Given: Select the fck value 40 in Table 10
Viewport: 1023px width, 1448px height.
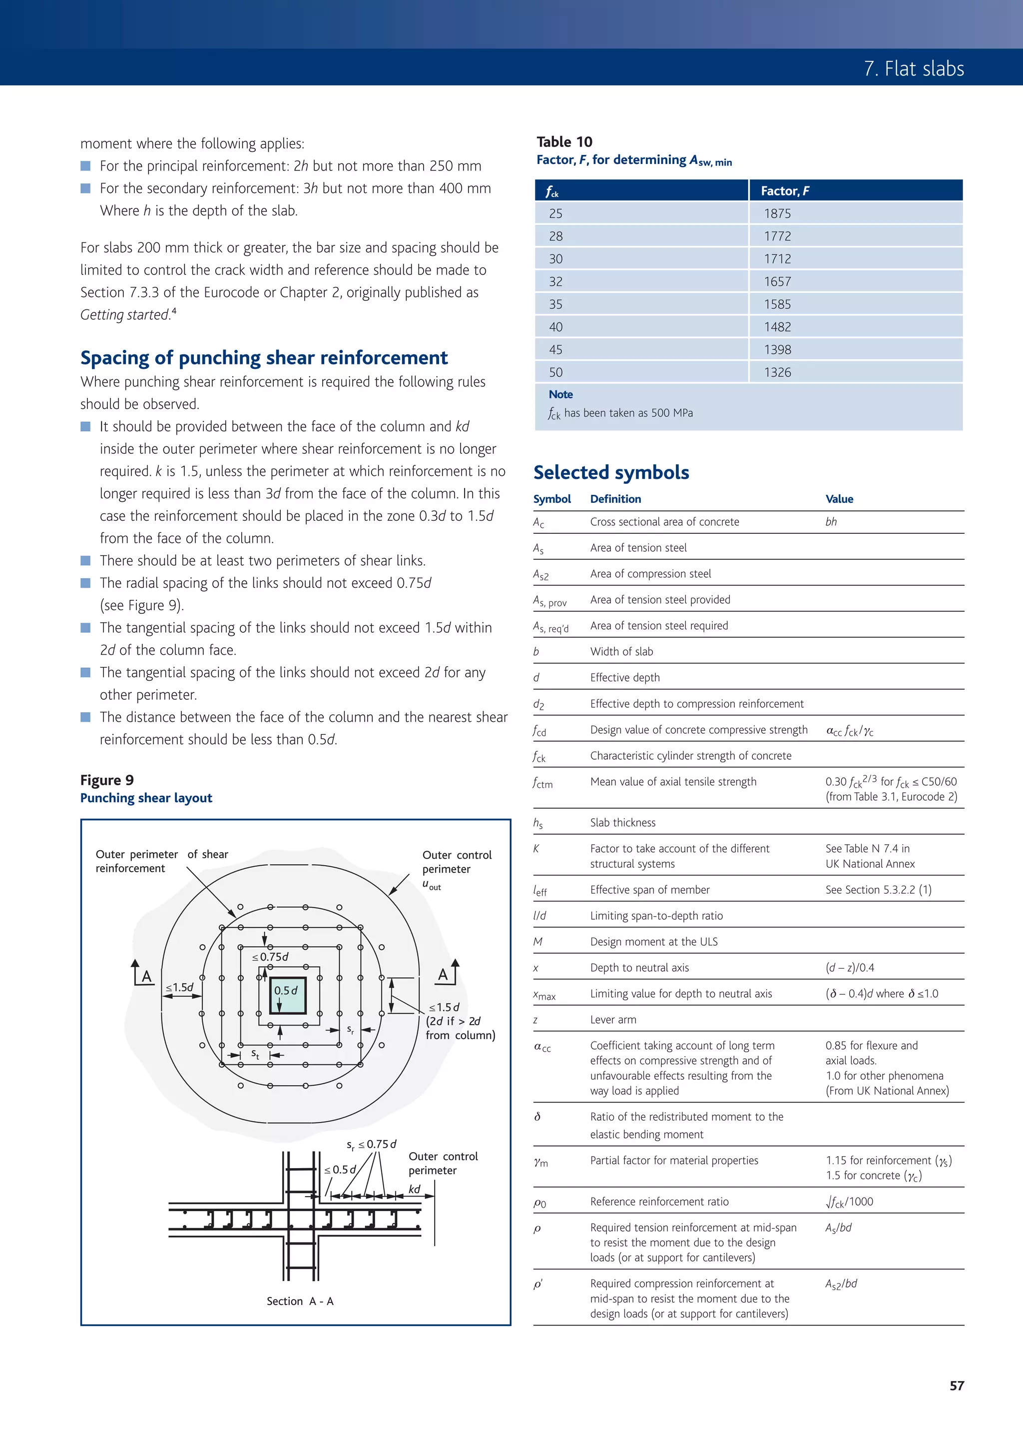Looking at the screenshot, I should coord(555,327).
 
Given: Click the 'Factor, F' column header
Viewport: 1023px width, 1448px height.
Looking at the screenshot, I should coord(785,190).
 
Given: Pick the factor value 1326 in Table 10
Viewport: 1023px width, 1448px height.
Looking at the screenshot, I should coord(777,372).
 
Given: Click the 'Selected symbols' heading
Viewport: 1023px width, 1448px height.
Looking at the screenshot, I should coord(611,472).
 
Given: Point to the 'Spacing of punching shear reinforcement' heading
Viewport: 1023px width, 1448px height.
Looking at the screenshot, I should coord(263,357).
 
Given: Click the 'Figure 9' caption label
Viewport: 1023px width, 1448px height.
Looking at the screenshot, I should coord(106,780).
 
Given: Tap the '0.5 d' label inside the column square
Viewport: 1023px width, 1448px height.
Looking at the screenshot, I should coord(286,990).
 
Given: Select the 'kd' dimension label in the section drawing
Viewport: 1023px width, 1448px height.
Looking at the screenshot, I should coord(414,1189).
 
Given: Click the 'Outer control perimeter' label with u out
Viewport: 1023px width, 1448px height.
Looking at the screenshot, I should coord(457,862).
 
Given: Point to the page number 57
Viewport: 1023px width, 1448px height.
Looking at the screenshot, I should coord(956,1386).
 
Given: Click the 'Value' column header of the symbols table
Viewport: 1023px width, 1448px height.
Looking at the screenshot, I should coord(839,499).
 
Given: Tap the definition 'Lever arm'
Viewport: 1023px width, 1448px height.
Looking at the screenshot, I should coord(613,1020).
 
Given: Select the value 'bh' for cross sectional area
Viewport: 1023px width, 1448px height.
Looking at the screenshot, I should coord(831,521).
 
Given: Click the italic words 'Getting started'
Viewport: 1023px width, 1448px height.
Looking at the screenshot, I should coord(125,315).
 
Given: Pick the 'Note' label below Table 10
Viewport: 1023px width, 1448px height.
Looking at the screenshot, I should coord(560,394).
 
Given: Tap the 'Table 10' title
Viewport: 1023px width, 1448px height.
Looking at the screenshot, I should coord(564,141).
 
